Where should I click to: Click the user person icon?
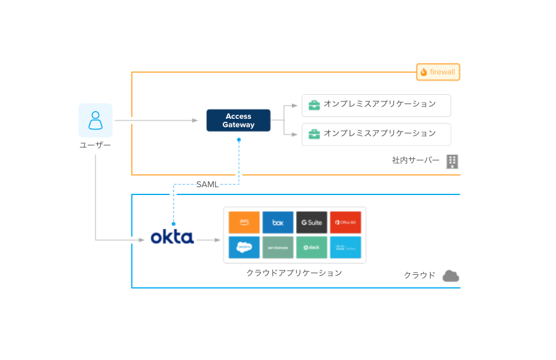pos(95,120)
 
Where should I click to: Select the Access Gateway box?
pos(238,121)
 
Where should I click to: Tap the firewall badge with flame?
pos(438,72)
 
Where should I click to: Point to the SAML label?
pos(207,184)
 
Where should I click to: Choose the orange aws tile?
pos(244,222)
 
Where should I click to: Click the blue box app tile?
pos(278,222)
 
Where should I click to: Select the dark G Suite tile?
pos(312,222)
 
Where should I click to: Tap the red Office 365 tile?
pos(345,222)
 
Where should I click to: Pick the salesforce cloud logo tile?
pos(244,247)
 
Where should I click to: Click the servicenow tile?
pos(278,247)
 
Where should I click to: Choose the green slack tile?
pos(312,247)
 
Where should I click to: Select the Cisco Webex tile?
pos(345,247)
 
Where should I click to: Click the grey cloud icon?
pos(451,276)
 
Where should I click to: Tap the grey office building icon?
pos(453,161)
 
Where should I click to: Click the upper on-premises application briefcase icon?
pos(314,105)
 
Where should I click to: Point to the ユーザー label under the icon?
pos(95,145)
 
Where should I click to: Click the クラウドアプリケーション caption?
pos(294,273)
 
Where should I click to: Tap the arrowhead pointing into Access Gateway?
pos(195,121)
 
